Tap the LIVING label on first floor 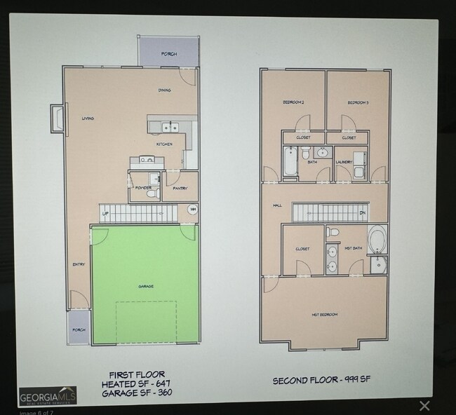[x=88, y=118]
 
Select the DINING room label [x=165, y=90]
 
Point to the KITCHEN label [x=165, y=144]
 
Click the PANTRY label [x=180, y=187]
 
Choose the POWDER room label [x=143, y=187]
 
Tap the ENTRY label [x=79, y=264]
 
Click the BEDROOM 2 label [x=293, y=103]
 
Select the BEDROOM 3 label [x=358, y=103]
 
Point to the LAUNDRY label [x=344, y=162]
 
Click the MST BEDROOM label [x=325, y=315]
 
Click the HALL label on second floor [x=277, y=205]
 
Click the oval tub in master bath [x=376, y=240]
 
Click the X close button [x=424, y=405]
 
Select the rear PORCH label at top [x=169, y=54]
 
